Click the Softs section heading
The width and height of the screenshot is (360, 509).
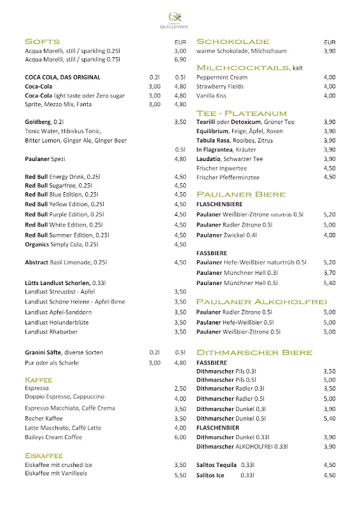point(42,41)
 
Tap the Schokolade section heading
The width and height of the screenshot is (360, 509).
point(233,41)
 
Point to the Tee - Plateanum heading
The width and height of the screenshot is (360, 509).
point(242,113)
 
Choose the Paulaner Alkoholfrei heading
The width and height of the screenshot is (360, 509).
point(261,302)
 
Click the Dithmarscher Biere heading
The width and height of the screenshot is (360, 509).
point(254,352)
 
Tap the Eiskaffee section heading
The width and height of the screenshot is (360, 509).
point(43,456)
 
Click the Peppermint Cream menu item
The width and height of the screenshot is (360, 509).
point(221,77)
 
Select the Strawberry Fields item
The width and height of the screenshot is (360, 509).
point(219,87)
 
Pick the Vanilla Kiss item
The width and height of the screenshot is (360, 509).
point(212,95)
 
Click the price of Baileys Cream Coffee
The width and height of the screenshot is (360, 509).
point(180,437)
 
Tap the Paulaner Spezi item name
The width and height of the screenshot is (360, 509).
point(45,158)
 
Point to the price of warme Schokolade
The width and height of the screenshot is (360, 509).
point(329,51)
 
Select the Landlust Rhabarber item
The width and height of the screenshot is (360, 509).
point(52,331)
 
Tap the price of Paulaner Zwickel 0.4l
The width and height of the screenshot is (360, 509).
point(329,235)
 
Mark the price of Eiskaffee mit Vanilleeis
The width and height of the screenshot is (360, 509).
point(180,475)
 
